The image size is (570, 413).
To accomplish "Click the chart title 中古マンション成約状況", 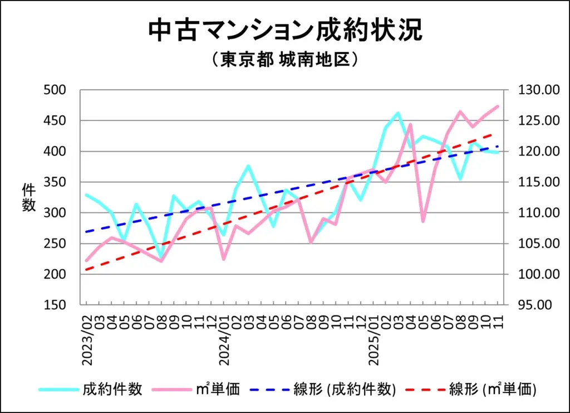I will (x=285, y=31).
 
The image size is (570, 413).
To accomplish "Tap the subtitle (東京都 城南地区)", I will (x=284, y=60).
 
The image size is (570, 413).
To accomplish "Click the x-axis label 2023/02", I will (x=87, y=338).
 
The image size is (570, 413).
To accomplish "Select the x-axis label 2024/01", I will (x=224, y=338).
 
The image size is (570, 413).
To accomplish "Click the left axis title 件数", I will (x=28, y=198).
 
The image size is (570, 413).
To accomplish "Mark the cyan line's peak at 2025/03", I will (x=397, y=113).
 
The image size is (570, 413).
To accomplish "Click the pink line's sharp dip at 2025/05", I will (x=423, y=221).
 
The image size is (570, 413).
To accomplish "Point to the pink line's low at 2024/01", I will (x=224, y=259).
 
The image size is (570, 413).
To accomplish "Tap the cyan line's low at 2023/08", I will (x=161, y=258).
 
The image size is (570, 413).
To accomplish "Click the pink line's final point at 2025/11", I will (x=498, y=106).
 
